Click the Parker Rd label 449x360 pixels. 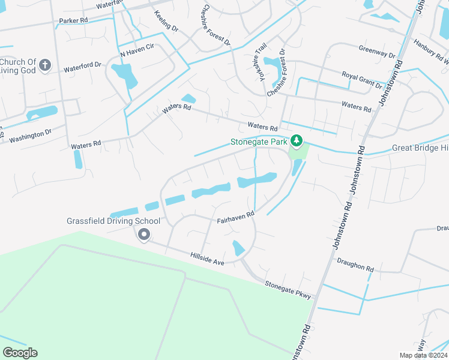(73, 20)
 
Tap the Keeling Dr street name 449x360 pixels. (166, 20)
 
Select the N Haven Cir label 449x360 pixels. (137, 53)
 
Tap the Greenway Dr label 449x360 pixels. (378, 51)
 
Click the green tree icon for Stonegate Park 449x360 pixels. (296, 141)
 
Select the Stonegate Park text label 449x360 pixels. (259, 142)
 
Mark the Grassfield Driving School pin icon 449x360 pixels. (143, 235)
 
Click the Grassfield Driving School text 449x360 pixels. (113, 220)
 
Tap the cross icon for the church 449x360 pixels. (46, 64)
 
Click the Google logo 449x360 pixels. (20, 352)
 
